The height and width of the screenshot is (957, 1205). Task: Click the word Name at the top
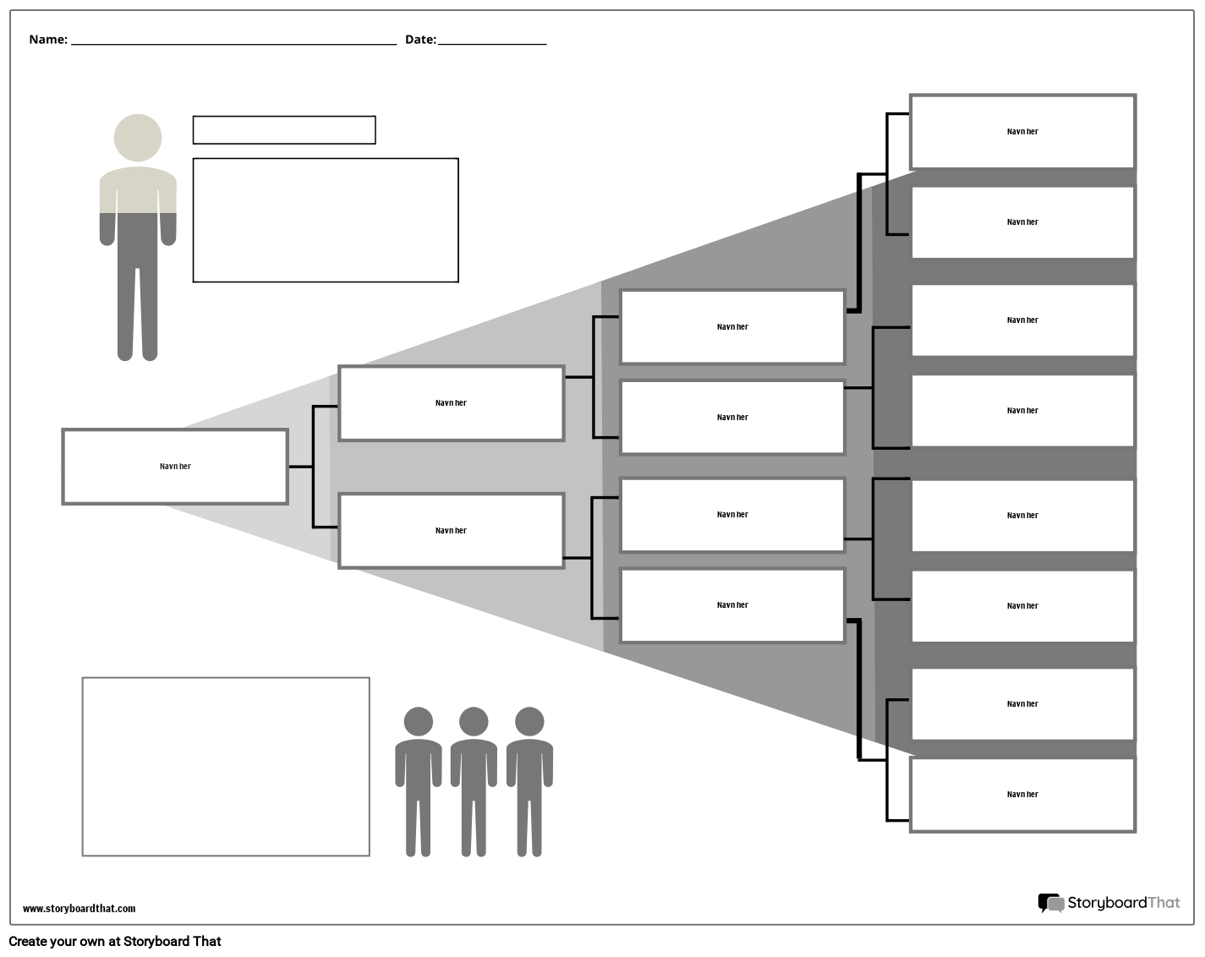click(x=47, y=40)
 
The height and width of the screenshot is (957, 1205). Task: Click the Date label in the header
click(x=420, y=40)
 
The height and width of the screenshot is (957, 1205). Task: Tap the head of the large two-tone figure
click(x=138, y=138)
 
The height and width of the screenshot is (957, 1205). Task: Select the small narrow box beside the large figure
click(x=284, y=130)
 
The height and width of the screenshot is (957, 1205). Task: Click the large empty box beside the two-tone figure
click(x=326, y=220)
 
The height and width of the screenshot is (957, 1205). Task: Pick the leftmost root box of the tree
click(x=175, y=467)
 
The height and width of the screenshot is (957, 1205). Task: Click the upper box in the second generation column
click(x=451, y=403)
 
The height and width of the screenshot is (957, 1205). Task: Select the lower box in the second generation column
click(x=451, y=531)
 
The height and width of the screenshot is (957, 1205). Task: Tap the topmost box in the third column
click(x=732, y=327)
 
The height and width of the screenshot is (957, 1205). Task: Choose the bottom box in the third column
click(x=732, y=605)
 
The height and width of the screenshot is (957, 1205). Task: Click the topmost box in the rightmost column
click(x=1022, y=132)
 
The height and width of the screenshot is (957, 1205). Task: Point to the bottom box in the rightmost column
click(x=1022, y=795)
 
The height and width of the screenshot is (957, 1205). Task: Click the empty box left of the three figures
click(x=226, y=767)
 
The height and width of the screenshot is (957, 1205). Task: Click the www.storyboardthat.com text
click(x=79, y=909)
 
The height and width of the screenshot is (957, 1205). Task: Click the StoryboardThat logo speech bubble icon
click(x=1050, y=903)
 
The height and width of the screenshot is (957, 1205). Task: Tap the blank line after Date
click(x=492, y=41)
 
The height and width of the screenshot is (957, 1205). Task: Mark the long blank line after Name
click(x=233, y=41)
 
